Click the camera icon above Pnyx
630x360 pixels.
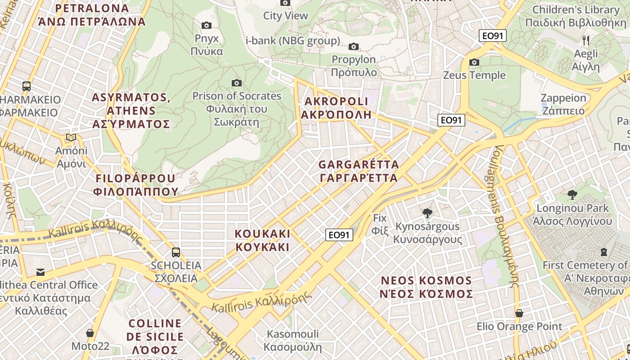(x=207, y=25)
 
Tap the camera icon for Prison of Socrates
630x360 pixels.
(x=236, y=83)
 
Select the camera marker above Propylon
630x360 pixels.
(x=354, y=46)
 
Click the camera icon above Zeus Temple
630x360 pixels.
(x=474, y=62)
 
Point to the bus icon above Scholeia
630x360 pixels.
(x=176, y=252)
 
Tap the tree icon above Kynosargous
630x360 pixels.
(x=427, y=213)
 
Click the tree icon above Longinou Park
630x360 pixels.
(x=572, y=195)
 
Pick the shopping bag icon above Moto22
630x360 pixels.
(x=90, y=333)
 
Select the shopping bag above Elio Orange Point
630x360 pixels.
(x=519, y=313)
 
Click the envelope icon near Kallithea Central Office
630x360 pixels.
(x=40, y=272)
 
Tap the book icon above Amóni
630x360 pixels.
(x=71, y=137)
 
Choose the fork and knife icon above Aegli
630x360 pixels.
(x=585, y=40)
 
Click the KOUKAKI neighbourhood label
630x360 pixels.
(x=263, y=240)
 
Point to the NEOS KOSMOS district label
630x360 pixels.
(x=426, y=287)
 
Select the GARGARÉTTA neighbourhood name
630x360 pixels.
(x=359, y=171)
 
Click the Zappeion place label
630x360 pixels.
(x=563, y=104)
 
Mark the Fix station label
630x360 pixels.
(x=380, y=224)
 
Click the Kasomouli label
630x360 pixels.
(x=292, y=341)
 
